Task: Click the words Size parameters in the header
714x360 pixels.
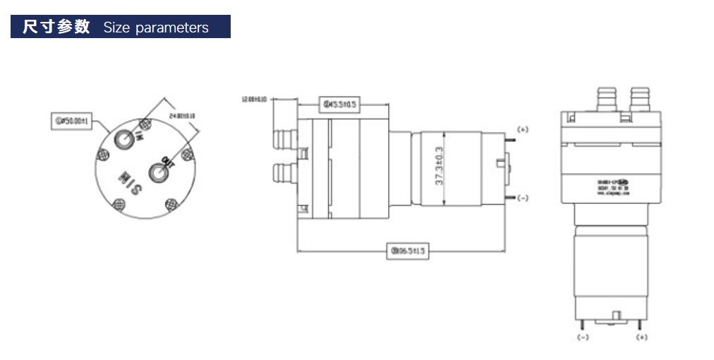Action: click(156, 28)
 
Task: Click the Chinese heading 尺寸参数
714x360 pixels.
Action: click(56, 27)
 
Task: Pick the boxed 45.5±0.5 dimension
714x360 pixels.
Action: click(341, 104)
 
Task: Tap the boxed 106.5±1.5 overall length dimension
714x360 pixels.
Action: click(409, 251)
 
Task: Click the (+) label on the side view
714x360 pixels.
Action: click(523, 129)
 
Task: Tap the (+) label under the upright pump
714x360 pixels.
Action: click(641, 337)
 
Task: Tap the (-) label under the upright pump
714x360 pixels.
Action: click(583, 337)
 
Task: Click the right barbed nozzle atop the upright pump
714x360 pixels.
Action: click(640, 98)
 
